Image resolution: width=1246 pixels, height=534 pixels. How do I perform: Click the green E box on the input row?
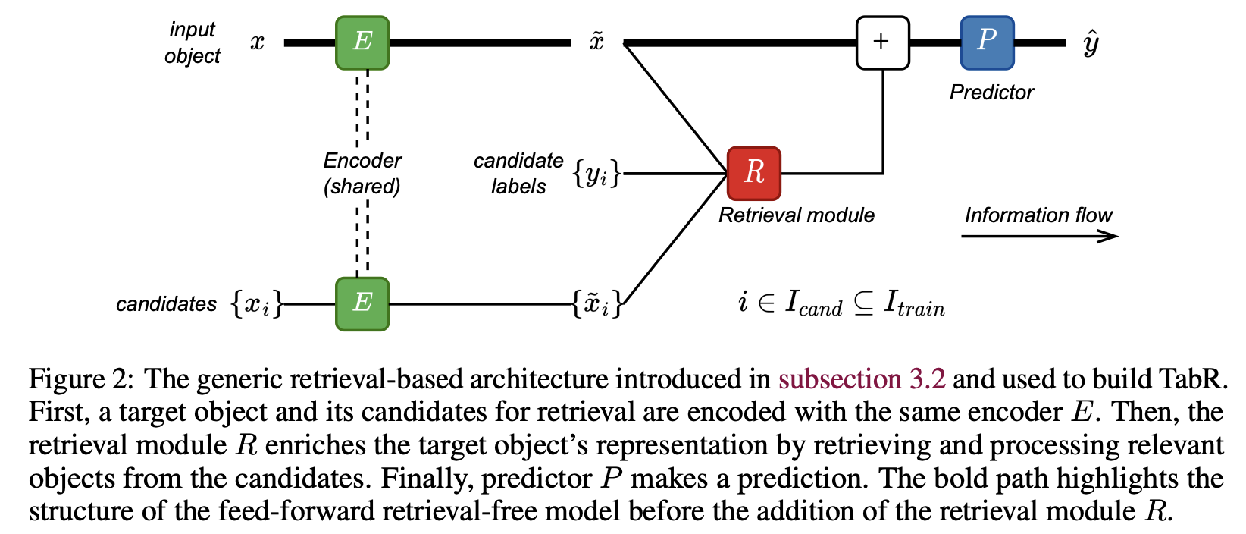[362, 42]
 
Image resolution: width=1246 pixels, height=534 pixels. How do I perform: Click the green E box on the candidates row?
[362, 303]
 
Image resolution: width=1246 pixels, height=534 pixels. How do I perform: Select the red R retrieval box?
[753, 173]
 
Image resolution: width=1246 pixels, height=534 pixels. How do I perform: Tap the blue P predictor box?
[987, 42]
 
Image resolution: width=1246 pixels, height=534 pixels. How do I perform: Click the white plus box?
[882, 42]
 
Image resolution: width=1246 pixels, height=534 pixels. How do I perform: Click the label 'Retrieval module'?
[796, 215]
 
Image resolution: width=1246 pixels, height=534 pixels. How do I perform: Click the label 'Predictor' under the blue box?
[991, 93]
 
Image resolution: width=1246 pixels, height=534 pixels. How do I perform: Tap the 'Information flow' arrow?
[1039, 237]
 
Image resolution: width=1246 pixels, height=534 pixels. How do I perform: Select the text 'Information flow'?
[1038, 215]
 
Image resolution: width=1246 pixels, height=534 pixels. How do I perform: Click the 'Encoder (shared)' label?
[362, 173]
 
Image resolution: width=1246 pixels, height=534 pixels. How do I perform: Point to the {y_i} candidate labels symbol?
[596, 174]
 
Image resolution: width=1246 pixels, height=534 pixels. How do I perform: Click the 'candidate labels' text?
[518, 173]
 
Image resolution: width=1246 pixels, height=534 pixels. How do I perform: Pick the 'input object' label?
[193, 42]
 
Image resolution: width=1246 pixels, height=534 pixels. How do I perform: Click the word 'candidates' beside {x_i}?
[166, 304]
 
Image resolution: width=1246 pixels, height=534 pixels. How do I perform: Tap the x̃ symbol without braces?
[596, 42]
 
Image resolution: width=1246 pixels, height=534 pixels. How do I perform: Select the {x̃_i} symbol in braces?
[597, 304]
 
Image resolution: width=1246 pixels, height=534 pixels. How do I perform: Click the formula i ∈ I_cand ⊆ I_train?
[841, 303]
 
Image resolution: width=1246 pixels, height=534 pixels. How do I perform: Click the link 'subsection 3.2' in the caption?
[862, 379]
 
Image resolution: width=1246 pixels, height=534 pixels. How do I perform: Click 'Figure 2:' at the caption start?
[80, 379]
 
